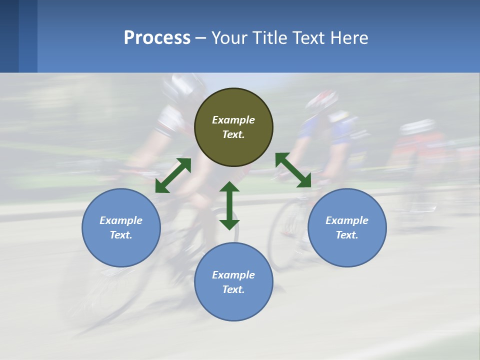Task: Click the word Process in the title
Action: pos(157,38)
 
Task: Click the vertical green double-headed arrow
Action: pos(229,205)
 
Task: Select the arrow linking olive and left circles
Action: pos(173,175)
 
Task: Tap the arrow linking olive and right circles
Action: pos(293,170)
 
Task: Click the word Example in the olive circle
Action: pos(233,120)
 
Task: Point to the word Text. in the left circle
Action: pos(121,235)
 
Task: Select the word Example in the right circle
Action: pos(347,220)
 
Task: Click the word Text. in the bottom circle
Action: pos(233,289)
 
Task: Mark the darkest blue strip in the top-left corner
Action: pos(9,36)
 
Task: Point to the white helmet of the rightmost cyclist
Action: pos(417,126)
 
